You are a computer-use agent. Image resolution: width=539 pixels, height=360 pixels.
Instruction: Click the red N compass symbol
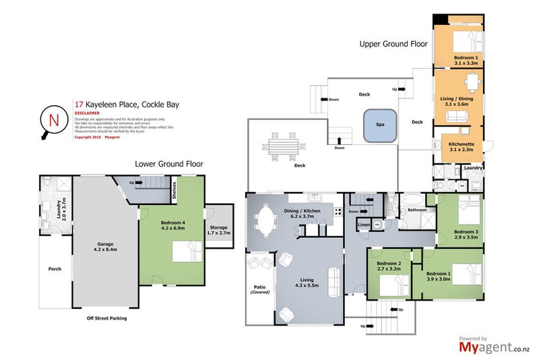coord(53,119)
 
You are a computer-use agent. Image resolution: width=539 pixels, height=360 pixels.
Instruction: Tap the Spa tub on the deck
coord(380,126)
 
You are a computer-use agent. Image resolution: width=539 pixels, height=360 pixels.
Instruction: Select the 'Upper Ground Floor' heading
coord(393,43)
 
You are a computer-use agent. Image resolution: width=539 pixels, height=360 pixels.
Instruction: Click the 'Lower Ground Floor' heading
coord(168,163)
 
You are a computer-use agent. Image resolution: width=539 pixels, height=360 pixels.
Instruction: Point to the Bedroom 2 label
coord(389,265)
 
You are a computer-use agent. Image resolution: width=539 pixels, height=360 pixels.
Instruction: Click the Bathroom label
coord(418,210)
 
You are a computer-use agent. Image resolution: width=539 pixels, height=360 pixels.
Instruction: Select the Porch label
coord(55,269)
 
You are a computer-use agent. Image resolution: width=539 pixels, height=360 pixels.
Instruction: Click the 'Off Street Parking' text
coord(106,318)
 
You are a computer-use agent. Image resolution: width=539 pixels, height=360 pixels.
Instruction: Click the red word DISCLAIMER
coord(89,113)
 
